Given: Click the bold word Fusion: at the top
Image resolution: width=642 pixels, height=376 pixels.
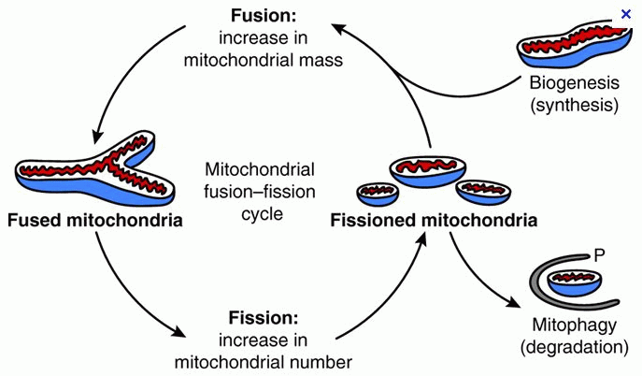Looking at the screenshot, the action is coord(263,16).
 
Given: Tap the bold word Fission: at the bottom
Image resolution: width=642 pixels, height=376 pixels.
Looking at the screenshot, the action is coord(263,317).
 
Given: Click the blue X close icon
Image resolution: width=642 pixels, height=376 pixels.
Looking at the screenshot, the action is coord(625,14).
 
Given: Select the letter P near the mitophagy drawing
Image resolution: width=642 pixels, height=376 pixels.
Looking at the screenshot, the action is coord(599,255).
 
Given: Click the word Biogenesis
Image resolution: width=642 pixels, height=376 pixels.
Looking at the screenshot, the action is coord(574,82).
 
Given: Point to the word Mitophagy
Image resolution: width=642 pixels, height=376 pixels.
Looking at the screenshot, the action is coord(574,325).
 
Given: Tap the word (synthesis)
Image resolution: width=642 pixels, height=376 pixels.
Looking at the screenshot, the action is coord(574,105).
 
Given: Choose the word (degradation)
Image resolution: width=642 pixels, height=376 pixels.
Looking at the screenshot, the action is coord(574,347).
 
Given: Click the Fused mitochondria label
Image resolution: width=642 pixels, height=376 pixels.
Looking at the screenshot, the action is coord(95,221).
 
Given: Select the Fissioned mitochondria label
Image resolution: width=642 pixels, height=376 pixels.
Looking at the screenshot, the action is coord(434,221).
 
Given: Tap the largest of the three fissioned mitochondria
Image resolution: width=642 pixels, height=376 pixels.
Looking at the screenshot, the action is coord(427,172).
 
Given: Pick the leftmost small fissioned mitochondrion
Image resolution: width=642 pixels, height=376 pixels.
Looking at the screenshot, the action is coord(378,194).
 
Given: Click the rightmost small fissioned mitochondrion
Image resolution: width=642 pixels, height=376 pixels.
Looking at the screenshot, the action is coord(483,192).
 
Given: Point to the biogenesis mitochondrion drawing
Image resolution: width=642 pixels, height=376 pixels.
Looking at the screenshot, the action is coord(573,46).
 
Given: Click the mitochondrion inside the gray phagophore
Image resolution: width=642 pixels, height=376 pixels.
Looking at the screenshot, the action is coord(575,282).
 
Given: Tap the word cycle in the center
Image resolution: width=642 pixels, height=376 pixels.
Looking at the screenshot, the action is coord(262,214).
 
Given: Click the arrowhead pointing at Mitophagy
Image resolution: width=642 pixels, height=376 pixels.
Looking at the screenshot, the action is coord(514,302).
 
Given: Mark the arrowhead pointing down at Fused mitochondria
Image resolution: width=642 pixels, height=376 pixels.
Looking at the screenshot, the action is coord(97,137).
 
